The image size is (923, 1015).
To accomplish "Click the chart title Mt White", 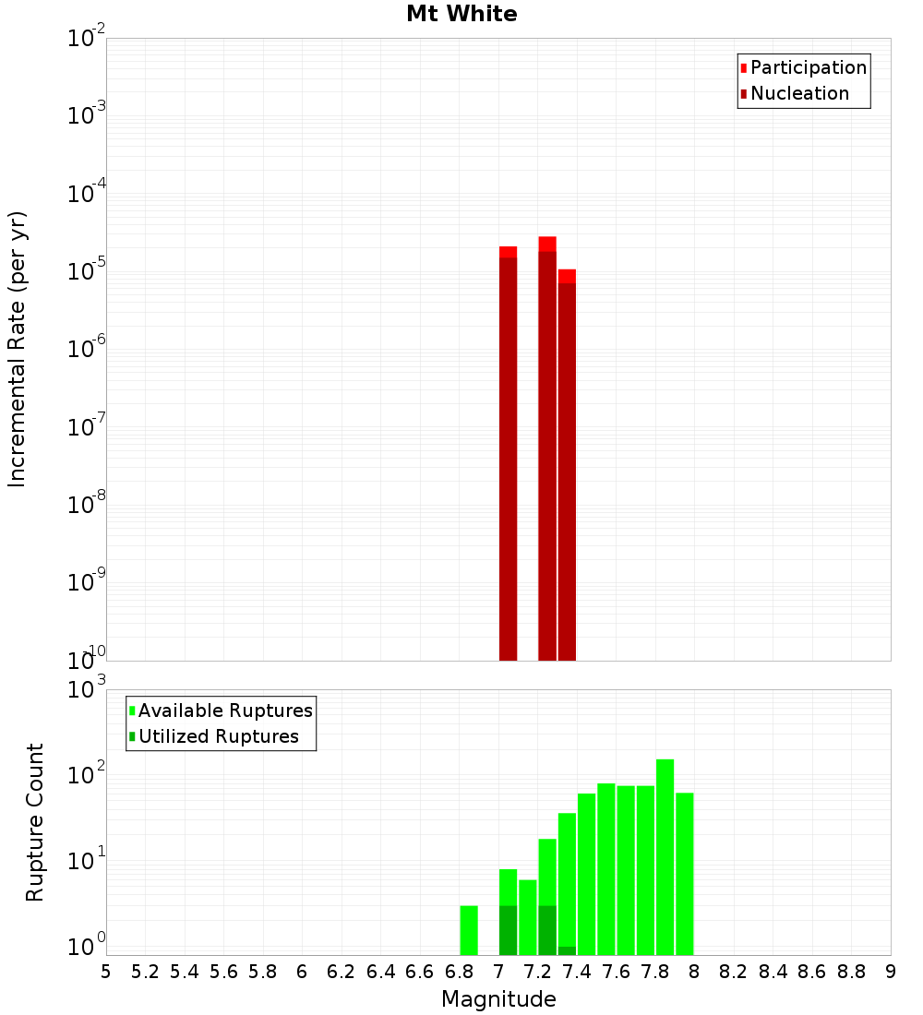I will [461, 14].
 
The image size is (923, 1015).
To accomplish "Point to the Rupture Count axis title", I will [35, 822].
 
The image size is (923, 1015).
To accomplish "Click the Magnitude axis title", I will [498, 998].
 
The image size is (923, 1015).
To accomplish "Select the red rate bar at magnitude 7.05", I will [508, 452].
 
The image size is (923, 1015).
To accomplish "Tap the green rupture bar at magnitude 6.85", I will [469, 930].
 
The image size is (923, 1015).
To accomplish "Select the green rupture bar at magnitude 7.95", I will [684, 873].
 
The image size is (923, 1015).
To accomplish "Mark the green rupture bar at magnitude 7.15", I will [528, 917].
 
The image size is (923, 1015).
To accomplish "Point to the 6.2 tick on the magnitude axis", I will [341, 971].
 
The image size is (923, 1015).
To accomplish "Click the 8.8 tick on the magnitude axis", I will [851, 971].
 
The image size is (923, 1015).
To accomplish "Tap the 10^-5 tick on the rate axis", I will [87, 271].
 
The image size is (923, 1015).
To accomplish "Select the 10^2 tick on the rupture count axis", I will [87, 775].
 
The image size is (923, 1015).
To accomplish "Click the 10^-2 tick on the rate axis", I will [87, 39].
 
